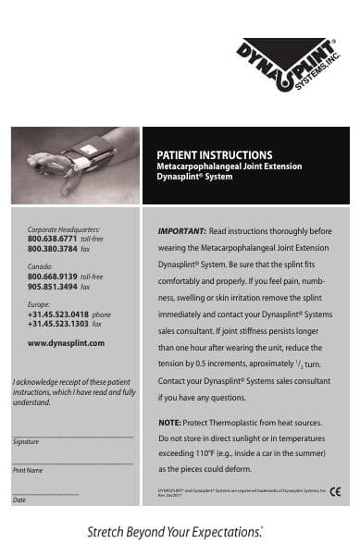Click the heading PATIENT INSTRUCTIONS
[x=214, y=154]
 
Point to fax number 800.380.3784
[x=53, y=247]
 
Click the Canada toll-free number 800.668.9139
[x=53, y=277]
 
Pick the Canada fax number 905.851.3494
[x=53, y=287]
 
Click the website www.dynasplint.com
[x=66, y=343]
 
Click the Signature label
[x=26, y=441]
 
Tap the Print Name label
[x=28, y=471]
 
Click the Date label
[x=19, y=499]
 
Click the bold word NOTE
[x=169, y=422]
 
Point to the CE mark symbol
[x=336, y=491]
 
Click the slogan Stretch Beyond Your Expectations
[x=175, y=532]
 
